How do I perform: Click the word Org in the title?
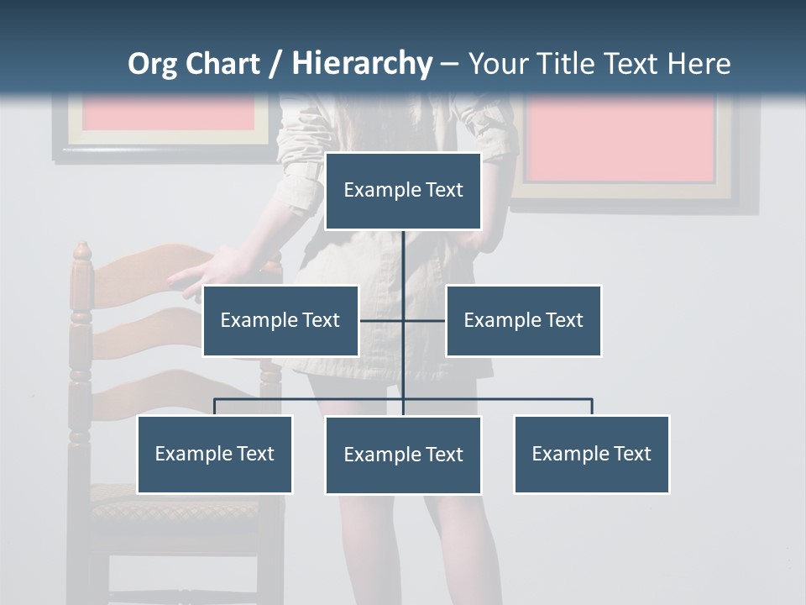(x=152, y=64)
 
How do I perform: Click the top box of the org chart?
(x=403, y=191)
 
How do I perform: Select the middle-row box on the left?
(x=280, y=320)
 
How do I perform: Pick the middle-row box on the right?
(x=523, y=320)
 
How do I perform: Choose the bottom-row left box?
(x=214, y=454)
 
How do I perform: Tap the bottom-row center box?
(x=403, y=455)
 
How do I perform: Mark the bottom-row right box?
(x=591, y=454)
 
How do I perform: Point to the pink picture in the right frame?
(x=621, y=136)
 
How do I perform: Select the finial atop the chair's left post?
(x=81, y=250)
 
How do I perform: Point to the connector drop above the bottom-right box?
(x=592, y=407)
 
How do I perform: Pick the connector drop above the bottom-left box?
(x=214, y=407)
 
